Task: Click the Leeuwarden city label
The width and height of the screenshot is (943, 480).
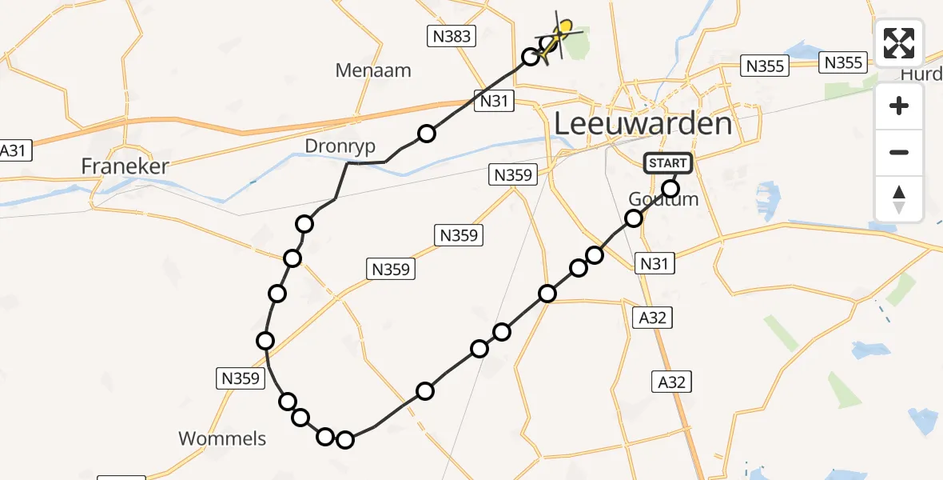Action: (643, 124)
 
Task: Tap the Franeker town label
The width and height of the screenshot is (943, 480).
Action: (125, 166)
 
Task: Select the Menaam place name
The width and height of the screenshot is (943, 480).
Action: (373, 70)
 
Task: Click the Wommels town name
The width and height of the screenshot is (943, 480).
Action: (222, 438)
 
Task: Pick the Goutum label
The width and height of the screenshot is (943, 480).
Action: (663, 200)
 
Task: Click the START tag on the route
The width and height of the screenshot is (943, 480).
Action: (668, 164)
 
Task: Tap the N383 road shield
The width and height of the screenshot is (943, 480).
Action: (451, 35)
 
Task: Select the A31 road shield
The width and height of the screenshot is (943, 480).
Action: (14, 150)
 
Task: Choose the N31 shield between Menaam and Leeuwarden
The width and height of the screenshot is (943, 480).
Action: (495, 100)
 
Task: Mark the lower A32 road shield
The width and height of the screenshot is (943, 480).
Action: (671, 382)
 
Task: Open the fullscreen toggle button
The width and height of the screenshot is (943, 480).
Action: (899, 43)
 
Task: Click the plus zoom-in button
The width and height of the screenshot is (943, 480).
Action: (899, 106)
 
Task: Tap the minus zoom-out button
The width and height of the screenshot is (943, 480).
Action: (899, 152)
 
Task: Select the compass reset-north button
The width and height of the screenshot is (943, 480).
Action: (899, 198)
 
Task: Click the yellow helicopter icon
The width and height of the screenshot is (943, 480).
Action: (561, 34)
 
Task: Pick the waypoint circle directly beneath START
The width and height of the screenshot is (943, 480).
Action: (670, 189)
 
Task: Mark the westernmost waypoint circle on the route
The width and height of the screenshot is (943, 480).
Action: (265, 342)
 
